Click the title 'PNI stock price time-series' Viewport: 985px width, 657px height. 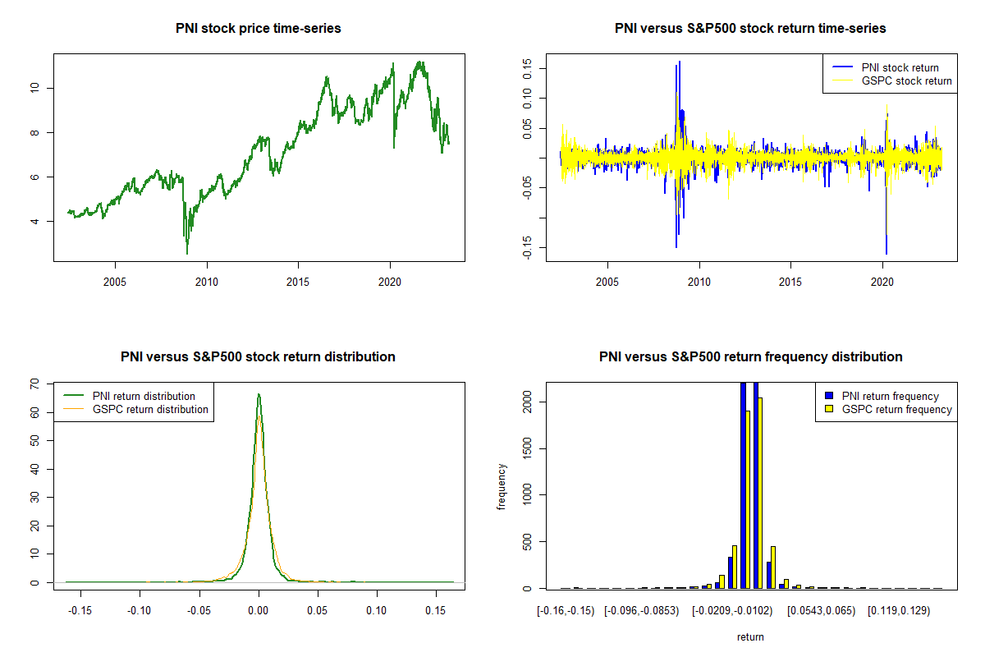point(259,29)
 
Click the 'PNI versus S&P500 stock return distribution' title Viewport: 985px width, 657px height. point(259,357)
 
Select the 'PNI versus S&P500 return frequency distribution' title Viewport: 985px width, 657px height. point(750,357)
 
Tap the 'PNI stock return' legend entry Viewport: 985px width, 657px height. point(900,68)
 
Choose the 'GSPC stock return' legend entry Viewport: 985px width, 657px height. point(906,81)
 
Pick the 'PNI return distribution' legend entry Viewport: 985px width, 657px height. point(144,397)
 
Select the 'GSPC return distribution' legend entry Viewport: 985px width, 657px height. point(150,410)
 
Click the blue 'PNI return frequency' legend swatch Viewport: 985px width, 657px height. point(830,397)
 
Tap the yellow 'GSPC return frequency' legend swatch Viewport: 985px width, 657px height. point(830,409)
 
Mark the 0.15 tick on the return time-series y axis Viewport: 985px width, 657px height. point(528,69)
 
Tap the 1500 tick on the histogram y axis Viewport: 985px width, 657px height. point(528,448)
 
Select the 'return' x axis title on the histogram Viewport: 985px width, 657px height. point(750,637)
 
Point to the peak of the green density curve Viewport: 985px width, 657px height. point(259,394)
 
